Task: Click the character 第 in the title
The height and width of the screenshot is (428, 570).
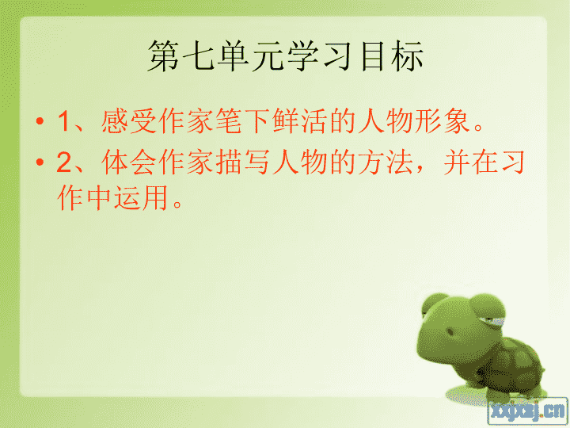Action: click(164, 55)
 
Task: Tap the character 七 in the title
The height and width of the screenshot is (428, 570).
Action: click(199, 55)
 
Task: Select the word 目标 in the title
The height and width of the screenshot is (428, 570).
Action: click(392, 55)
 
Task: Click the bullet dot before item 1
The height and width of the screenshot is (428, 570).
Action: click(40, 120)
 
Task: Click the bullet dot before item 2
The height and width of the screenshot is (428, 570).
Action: click(40, 162)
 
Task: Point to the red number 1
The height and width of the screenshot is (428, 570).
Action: click(63, 121)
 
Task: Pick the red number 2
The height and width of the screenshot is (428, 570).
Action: click(64, 162)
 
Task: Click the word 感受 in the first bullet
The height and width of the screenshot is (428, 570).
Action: click(129, 120)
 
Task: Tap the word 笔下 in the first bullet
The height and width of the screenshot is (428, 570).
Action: click(242, 120)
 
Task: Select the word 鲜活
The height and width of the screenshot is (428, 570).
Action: click(299, 120)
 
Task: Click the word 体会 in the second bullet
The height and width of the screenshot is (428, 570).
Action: click(129, 162)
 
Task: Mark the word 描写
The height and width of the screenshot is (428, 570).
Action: click(242, 162)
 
